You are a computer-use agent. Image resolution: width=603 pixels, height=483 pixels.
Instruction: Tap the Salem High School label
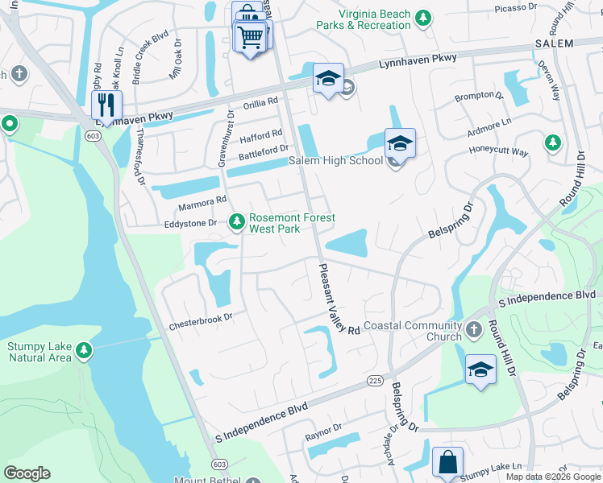(335, 161)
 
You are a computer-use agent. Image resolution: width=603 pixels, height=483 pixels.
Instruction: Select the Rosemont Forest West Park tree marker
(236, 221)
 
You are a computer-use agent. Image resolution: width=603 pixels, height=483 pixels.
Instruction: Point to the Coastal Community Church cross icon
(473, 328)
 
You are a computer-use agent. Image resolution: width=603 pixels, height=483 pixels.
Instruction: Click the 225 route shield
(372, 380)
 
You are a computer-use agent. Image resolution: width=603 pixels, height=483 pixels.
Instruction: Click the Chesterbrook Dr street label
(201, 325)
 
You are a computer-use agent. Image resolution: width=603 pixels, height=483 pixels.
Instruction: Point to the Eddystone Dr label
(191, 224)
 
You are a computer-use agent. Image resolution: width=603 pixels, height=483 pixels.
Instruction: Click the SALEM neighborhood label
(553, 43)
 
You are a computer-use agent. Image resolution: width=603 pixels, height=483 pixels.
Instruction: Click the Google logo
(27, 473)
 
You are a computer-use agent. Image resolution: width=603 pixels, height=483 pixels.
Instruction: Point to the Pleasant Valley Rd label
(338, 299)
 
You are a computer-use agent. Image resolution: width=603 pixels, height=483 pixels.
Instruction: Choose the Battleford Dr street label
(262, 150)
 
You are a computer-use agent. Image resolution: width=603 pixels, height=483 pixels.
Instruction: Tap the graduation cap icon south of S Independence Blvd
(480, 369)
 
